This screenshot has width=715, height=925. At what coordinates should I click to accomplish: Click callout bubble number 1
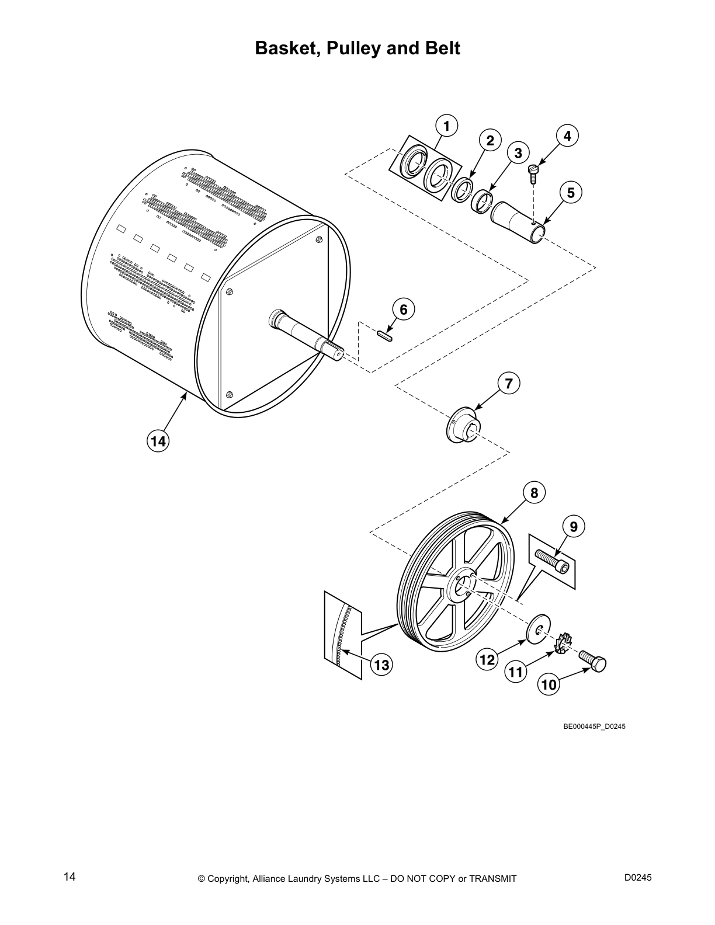pos(446,126)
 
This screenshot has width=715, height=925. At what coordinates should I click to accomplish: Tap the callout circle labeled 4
pos(567,135)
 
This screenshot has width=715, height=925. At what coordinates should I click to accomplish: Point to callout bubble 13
pos(381,665)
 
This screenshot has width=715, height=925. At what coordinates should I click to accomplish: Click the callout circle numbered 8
pos(534,492)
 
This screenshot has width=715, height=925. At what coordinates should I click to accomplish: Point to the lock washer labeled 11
pos(563,645)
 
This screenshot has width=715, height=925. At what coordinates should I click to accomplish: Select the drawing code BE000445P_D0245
pos(594,726)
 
